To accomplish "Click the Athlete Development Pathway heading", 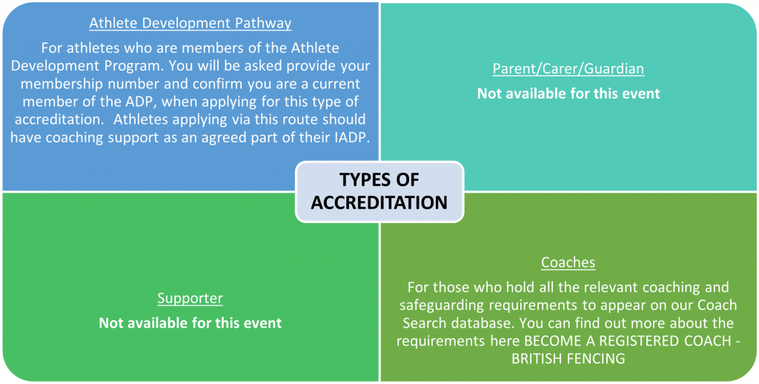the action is tap(190, 23).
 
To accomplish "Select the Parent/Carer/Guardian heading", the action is tap(569, 69).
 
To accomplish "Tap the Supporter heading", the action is tap(190, 298).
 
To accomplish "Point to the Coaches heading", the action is tap(569, 262).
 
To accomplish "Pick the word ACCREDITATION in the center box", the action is tap(379, 203).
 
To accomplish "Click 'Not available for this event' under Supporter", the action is tap(190, 323).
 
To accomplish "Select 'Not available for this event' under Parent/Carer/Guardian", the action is tap(569, 93).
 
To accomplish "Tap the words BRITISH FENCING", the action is tap(568, 359).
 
